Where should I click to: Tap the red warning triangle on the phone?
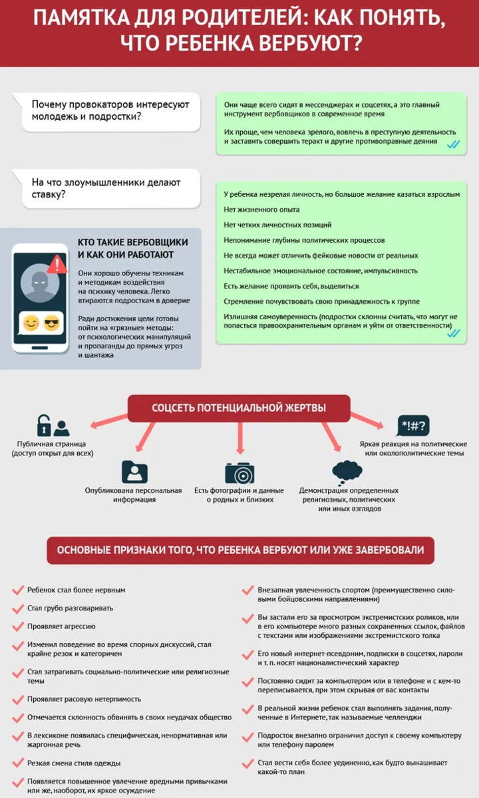[x=57, y=264]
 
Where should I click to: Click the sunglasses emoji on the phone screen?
[x=52, y=323]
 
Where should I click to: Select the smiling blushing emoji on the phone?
[x=31, y=323]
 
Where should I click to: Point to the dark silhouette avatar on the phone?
[x=40, y=283]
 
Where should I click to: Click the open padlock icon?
[x=44, y=426]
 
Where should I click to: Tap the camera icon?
[x=239, y=473]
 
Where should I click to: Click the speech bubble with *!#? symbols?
[x=413, y=426]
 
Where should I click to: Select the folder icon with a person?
[x=134, y=471]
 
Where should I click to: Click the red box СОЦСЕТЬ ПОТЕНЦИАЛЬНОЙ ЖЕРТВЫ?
[x=239, y=408]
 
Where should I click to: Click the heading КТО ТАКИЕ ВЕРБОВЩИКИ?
[x=133, y=242]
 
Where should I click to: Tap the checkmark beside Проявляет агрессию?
[x=18, y=626]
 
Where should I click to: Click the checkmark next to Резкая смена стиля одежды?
[x=18, y=763]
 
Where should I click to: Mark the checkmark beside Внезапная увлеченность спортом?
[x=247, y=591]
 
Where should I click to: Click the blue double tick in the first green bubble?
[x=453, y=144]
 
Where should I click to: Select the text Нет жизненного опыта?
[x=261, y=209]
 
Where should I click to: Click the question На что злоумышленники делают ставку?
[x=106, y=188]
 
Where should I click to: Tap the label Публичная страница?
[x=52, y=444]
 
